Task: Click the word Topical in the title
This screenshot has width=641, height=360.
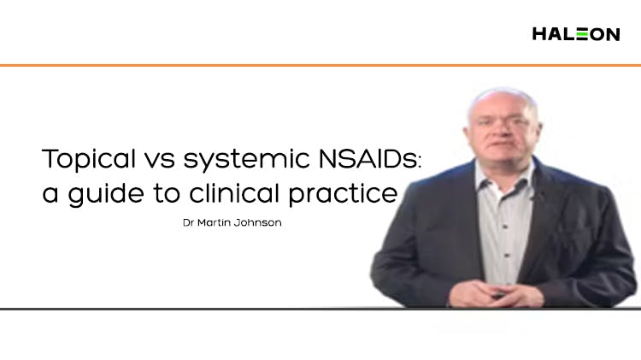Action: [87, 160]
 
